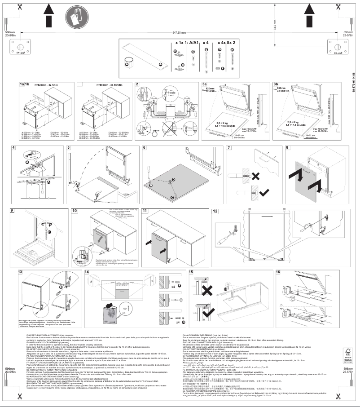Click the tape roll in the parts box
129,62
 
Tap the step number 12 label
215,211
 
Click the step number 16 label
278,272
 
